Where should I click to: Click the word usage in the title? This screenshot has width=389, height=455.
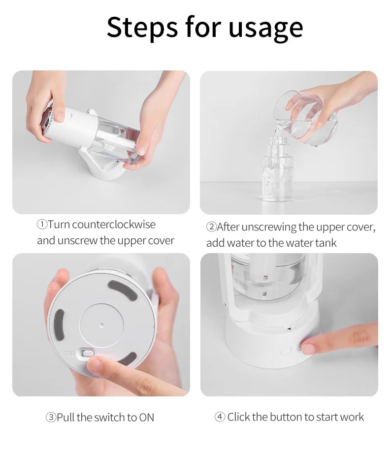coord(265,28)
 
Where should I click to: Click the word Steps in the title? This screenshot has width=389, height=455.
coord(142,27)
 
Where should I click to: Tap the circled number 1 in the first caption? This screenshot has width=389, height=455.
coord(42,225)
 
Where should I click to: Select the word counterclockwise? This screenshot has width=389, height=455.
coord(114,225)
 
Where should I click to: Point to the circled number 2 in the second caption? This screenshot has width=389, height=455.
coord(211,227)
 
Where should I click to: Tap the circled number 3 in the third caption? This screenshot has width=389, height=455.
coord(51,418)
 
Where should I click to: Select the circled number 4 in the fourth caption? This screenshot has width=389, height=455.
coord(220,417)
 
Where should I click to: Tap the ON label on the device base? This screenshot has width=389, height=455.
coord(69,354)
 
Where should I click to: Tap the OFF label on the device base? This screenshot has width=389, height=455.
coord(104,354)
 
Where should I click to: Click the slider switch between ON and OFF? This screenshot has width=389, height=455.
coord(87,353)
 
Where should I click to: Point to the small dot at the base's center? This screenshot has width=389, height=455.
coord(101,325)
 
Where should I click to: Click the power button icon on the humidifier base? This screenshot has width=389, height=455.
coord(286,351)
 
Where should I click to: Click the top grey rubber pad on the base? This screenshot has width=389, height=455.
coord(123,290)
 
